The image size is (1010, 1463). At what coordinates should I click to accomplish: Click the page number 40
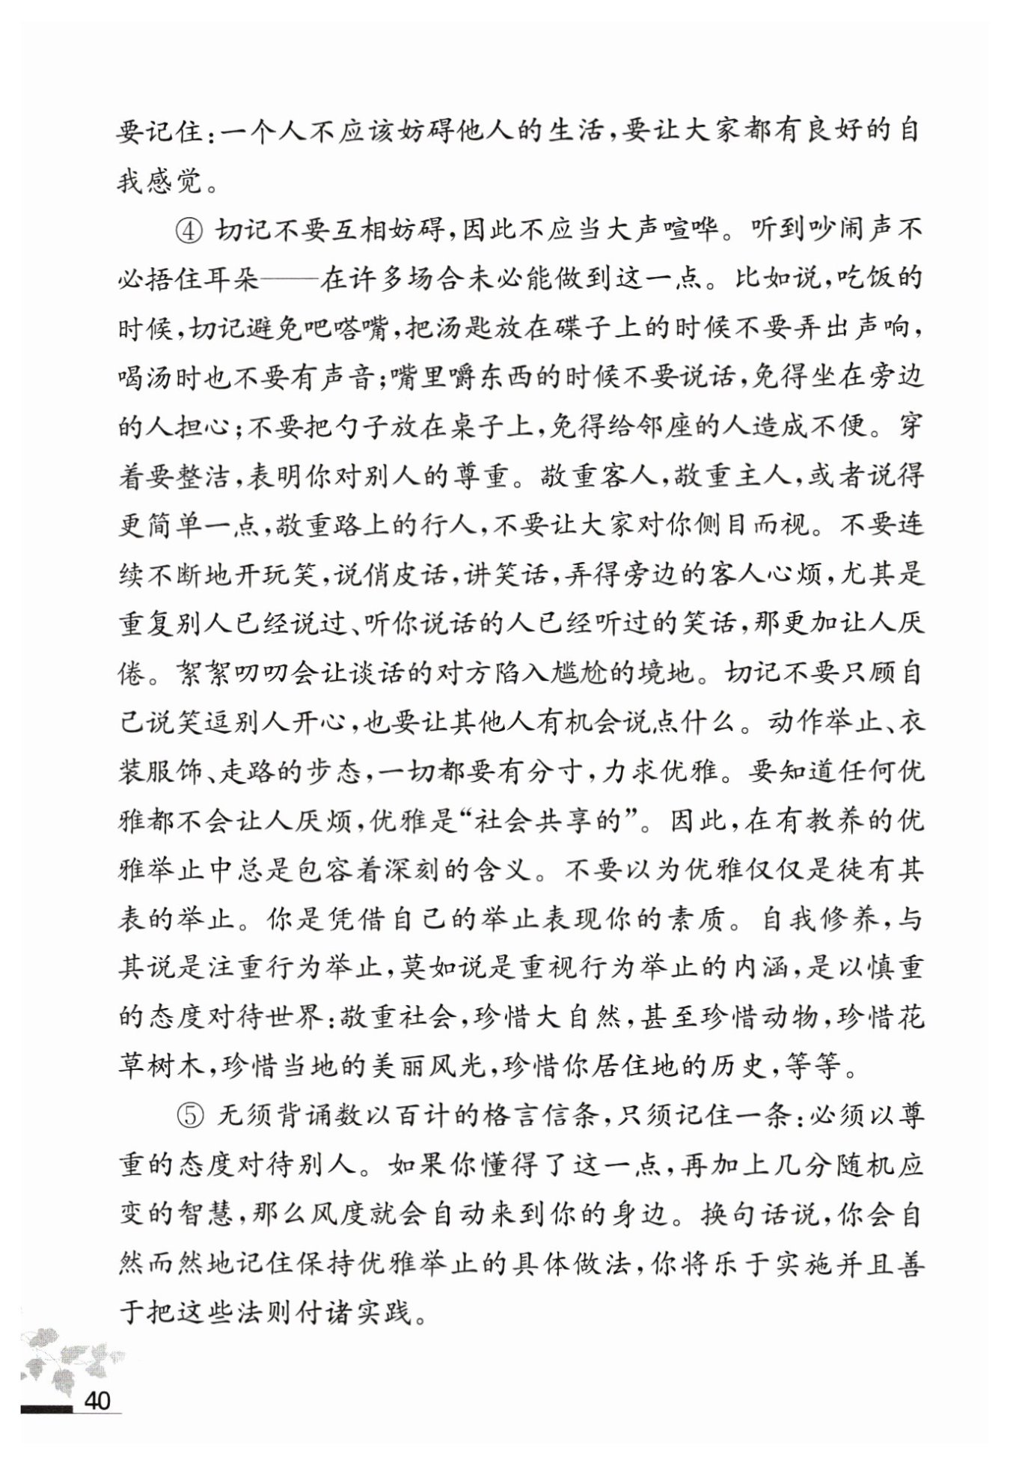pyautogui.click(x=98, y=1399)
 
